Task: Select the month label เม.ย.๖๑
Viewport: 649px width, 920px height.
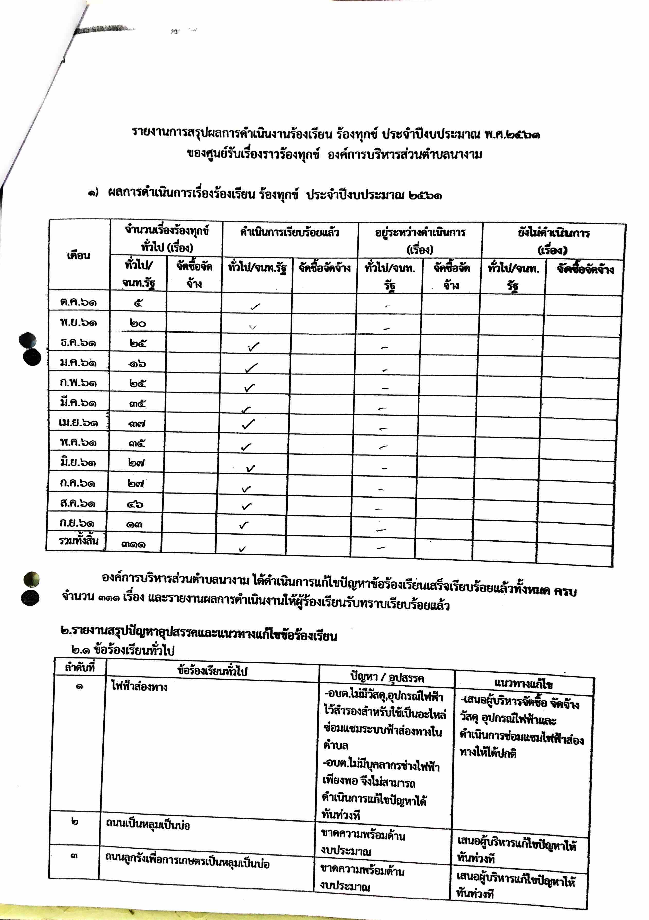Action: click(x=78, y=423)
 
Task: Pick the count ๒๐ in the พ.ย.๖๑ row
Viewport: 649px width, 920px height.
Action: click(x=138, y=323)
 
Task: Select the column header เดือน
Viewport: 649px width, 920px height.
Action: click(x=79, y=255)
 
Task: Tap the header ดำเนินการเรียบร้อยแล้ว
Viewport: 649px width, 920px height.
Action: click(x=290, y=232)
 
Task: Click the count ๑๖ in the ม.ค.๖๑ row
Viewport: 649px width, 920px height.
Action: click(x=137, y=363)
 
